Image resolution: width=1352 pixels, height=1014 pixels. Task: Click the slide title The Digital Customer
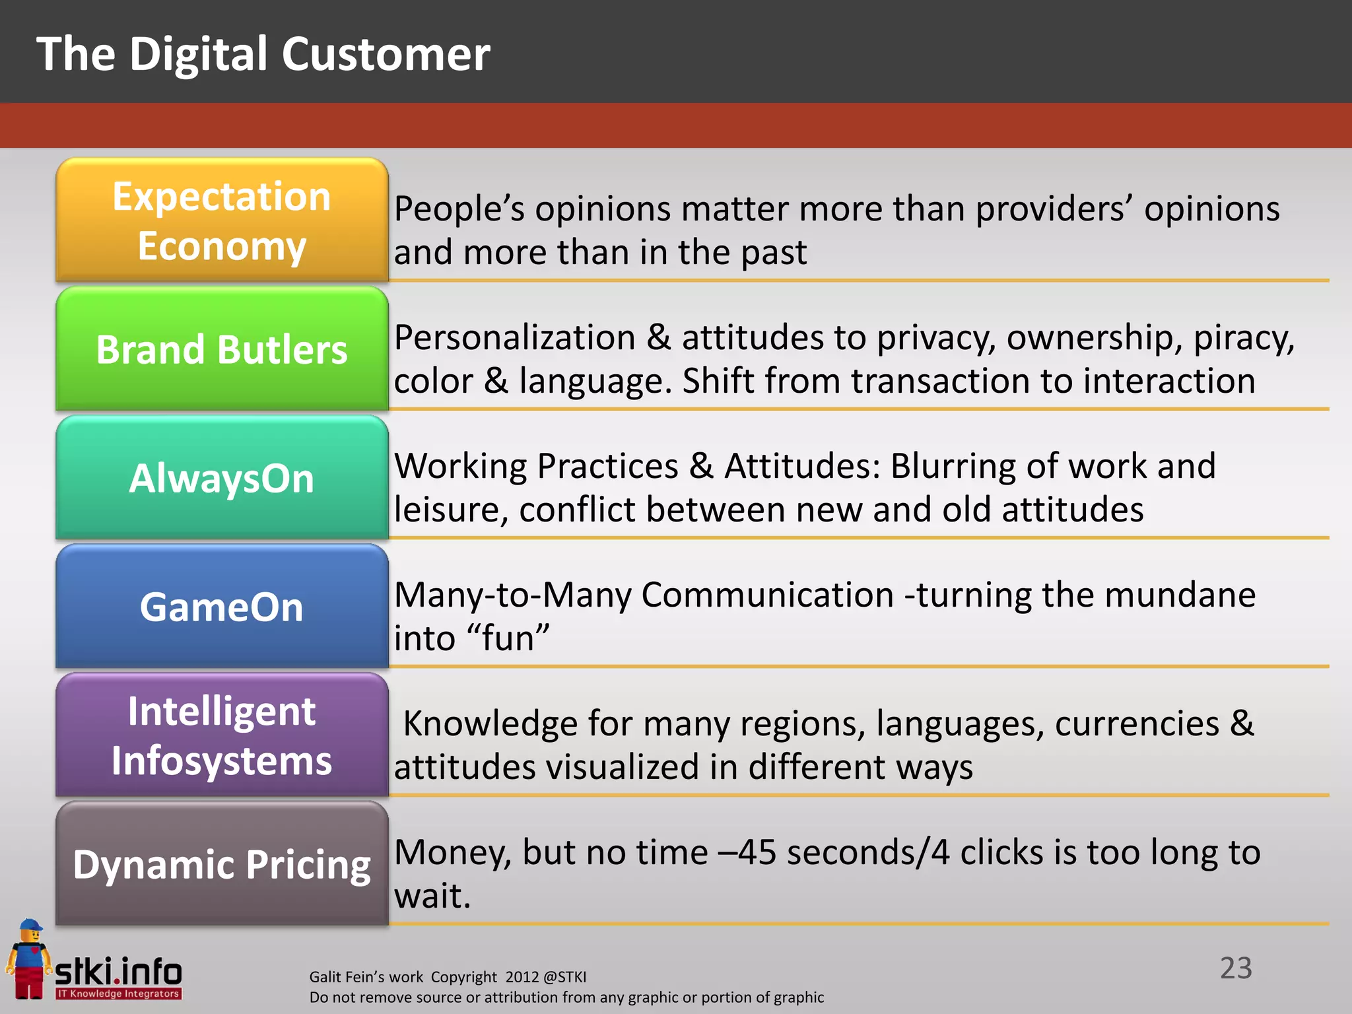click(x=263, y=54)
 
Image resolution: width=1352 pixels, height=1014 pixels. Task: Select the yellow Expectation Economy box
click(x=222, y=220)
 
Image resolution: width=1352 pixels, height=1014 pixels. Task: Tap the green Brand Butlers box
click(x=222, y=349)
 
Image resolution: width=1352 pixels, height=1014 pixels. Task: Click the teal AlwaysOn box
click(x=222, y=477)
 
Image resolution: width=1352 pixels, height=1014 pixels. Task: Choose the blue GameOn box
click(x=222, y=606)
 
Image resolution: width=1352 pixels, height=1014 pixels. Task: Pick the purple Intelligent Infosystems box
click(x=222, y=735)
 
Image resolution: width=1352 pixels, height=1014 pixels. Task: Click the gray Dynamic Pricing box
click(x=222, y=863)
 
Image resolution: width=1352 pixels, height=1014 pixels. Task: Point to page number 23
click(x=1235, y=968)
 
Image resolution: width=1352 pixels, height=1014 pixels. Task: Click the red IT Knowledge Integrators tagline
click(x=118, y=994)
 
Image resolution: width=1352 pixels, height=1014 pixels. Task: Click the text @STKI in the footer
click(x=564, y=977)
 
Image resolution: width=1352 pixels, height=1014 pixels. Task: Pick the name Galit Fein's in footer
click(x=366, y=977)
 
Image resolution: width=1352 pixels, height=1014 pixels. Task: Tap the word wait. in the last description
click(x=432, y=896)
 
